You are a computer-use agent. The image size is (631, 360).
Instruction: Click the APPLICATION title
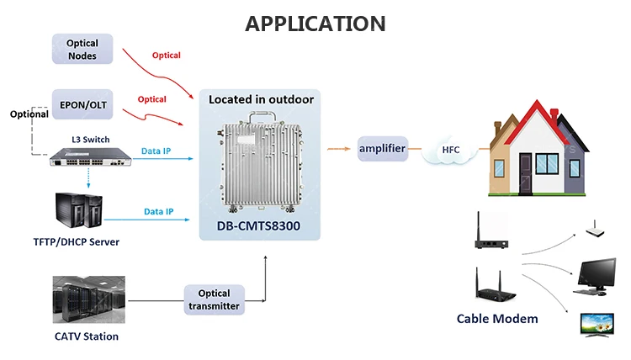pos(315,23)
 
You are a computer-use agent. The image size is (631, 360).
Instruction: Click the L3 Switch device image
pos(85,157)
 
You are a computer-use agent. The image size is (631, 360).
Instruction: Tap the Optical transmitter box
pos(214,300)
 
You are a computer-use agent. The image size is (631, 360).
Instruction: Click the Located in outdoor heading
pos(261,99)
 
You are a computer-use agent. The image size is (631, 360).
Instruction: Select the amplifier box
pos(383,149)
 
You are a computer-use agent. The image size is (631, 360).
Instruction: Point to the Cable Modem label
pos(497,319)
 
